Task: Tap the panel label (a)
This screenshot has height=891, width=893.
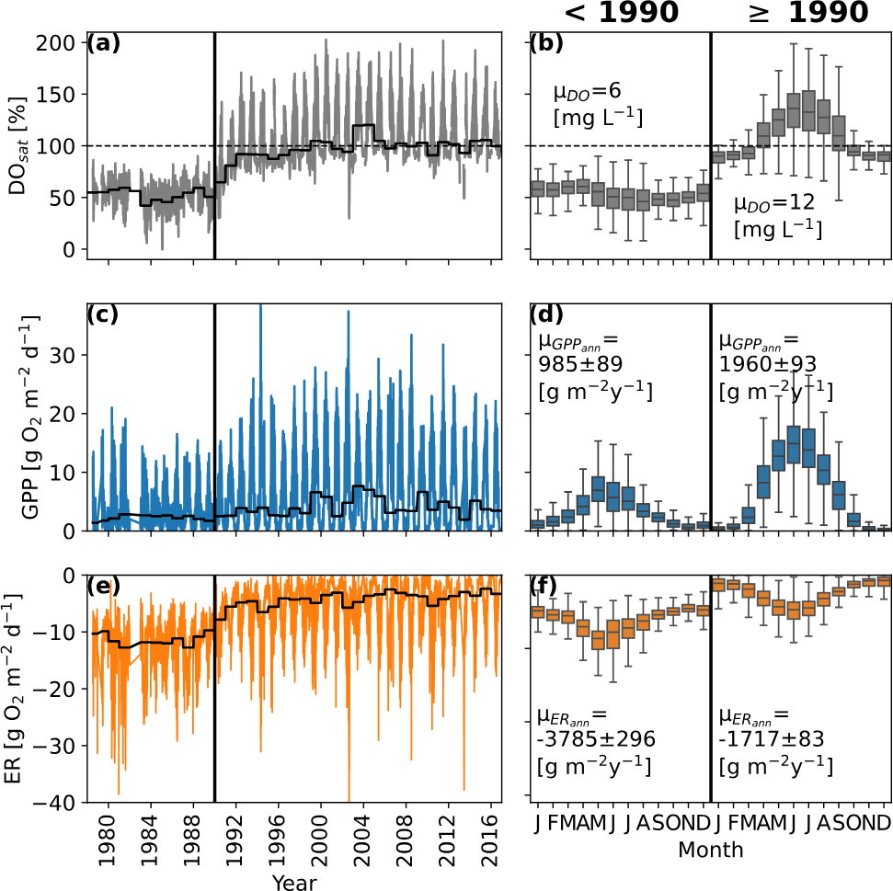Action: (101, 42)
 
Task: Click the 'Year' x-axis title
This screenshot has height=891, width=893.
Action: (295, 881)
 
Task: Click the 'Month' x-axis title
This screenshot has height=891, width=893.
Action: (710, 850)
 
